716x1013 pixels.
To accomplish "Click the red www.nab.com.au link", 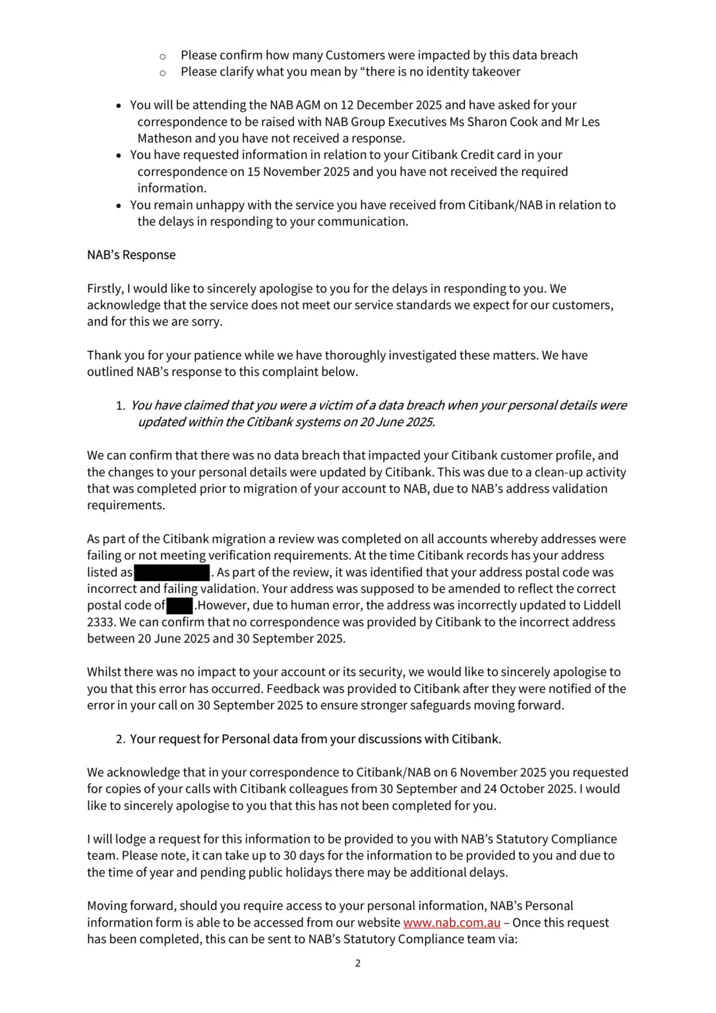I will (452, 923).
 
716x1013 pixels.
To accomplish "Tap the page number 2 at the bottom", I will (358, 964).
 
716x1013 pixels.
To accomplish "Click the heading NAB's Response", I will (131, 255).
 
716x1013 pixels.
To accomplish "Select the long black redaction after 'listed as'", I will (172, 572).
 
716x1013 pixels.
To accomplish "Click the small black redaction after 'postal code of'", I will (179, 605).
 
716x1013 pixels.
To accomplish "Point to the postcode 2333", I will (101, 622).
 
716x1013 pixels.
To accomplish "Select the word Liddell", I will (602, 605).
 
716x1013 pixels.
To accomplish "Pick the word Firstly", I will (105, 289).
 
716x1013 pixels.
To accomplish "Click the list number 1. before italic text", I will (121, 406).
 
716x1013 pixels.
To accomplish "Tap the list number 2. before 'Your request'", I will (121, 739).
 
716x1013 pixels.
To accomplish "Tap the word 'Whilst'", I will (104, 672).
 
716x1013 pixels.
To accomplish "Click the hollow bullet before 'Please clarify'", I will (163, 73).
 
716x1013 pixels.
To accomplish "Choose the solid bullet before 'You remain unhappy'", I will (119, 206).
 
